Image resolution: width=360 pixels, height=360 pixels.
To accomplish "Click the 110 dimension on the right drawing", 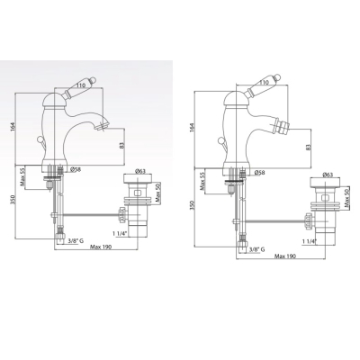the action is click(264, 83).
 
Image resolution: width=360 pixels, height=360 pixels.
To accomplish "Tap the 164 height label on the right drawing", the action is click(193, 127).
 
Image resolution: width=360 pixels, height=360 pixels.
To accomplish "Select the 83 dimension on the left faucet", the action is click(121, 146).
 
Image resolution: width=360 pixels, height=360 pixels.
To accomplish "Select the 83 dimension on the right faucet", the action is click(309, 147).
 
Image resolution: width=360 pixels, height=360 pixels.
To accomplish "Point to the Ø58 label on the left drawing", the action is click(76, 170).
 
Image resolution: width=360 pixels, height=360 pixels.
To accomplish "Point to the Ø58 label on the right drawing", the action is click(259, 173).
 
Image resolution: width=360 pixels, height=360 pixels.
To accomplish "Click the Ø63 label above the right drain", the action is click(328, 175).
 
